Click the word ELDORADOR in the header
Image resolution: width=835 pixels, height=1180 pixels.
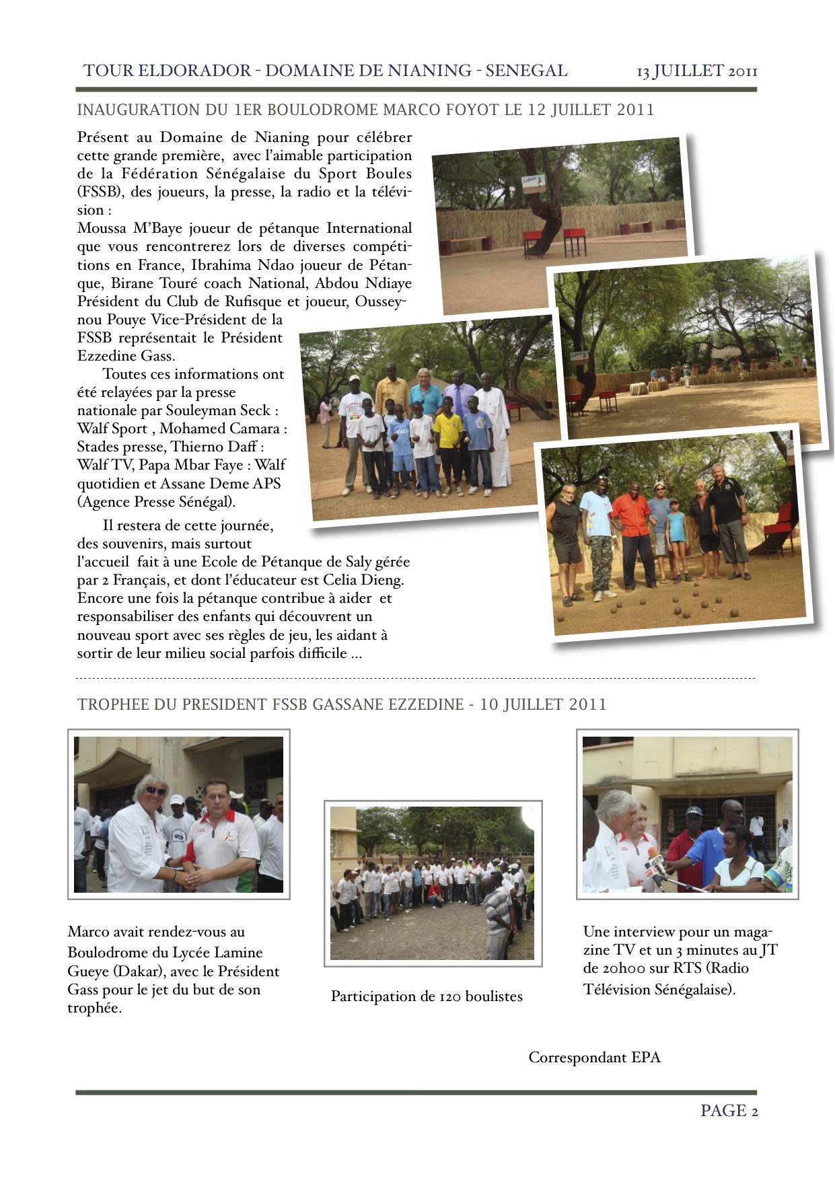(194, 71)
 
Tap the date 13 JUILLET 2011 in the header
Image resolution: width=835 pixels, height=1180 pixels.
(697, 71)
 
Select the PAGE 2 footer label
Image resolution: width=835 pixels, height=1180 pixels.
(729, 1111)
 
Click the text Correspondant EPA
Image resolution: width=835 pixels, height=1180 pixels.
(594, 1058)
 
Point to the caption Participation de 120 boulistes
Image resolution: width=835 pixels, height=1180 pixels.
(427, 996)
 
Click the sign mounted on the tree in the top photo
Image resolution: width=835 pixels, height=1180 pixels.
(534, 183)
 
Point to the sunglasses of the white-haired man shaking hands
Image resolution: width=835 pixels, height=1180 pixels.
(155, 791)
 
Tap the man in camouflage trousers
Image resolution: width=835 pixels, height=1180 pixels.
(598, 538)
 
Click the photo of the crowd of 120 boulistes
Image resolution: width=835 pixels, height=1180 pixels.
(433, 883)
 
